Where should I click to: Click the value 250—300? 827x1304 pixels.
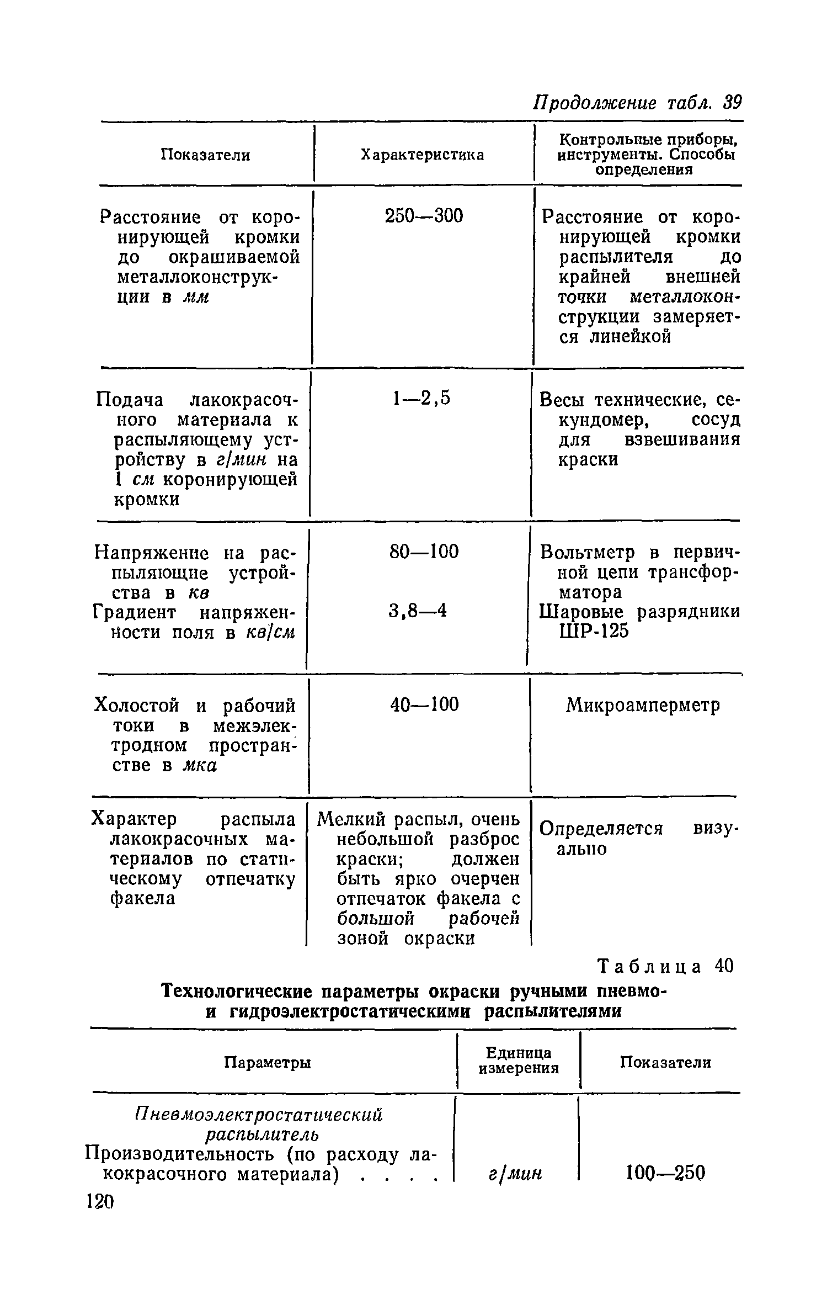(x=424, y=216)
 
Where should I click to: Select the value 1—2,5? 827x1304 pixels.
(x=421, y=398)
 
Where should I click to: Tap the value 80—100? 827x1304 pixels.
(x=424, y=552)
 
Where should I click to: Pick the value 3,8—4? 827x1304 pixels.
(x=417, y=611)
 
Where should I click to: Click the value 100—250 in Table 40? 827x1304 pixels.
(x=666, y=1173)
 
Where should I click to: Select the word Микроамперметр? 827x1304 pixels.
(x=643, y=706)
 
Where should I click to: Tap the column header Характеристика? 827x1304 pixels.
(x=422, y=155)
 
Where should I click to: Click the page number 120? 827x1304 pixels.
(x=100, y=1201)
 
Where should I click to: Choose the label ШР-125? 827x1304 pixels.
(x=594, y=631)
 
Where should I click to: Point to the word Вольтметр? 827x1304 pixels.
(x=588, y=552)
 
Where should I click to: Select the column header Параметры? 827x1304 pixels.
(x=268, y=1063)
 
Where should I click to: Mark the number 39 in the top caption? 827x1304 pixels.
(x=733, y=103)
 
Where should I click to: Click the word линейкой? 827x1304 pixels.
(x=630, y=337)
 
